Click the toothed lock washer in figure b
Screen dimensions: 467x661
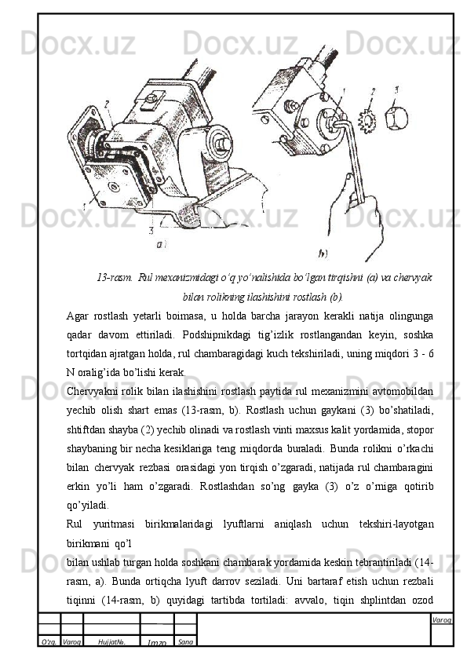tap(367, 121)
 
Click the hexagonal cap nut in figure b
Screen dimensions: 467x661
tap(396, 119)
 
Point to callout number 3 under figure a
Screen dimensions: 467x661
tap(151, 230)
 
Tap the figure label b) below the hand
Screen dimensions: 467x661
tap(323, 254)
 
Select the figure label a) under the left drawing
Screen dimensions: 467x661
tap(162, 243)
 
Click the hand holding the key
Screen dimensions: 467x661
tap(357, 215)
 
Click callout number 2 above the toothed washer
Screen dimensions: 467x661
tap(373, 92)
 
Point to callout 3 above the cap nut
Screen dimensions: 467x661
tap(396, 89)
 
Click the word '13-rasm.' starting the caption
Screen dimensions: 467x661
tap(115, 277)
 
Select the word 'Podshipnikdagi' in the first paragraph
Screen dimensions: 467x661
tap(215, 335)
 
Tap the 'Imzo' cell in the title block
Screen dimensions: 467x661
tap(157, 642)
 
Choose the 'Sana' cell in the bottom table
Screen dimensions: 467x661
tap(185, 642)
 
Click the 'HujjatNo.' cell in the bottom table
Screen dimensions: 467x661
tap(111, 642)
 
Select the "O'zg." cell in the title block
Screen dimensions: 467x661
tap(49, 642)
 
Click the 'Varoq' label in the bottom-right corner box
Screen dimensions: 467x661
tap(442, 619)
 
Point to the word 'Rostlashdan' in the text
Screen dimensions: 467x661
tap(227, 487)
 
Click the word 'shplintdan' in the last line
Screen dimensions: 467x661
tap(381, 600)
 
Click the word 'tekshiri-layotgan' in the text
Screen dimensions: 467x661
tap(396, 524)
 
